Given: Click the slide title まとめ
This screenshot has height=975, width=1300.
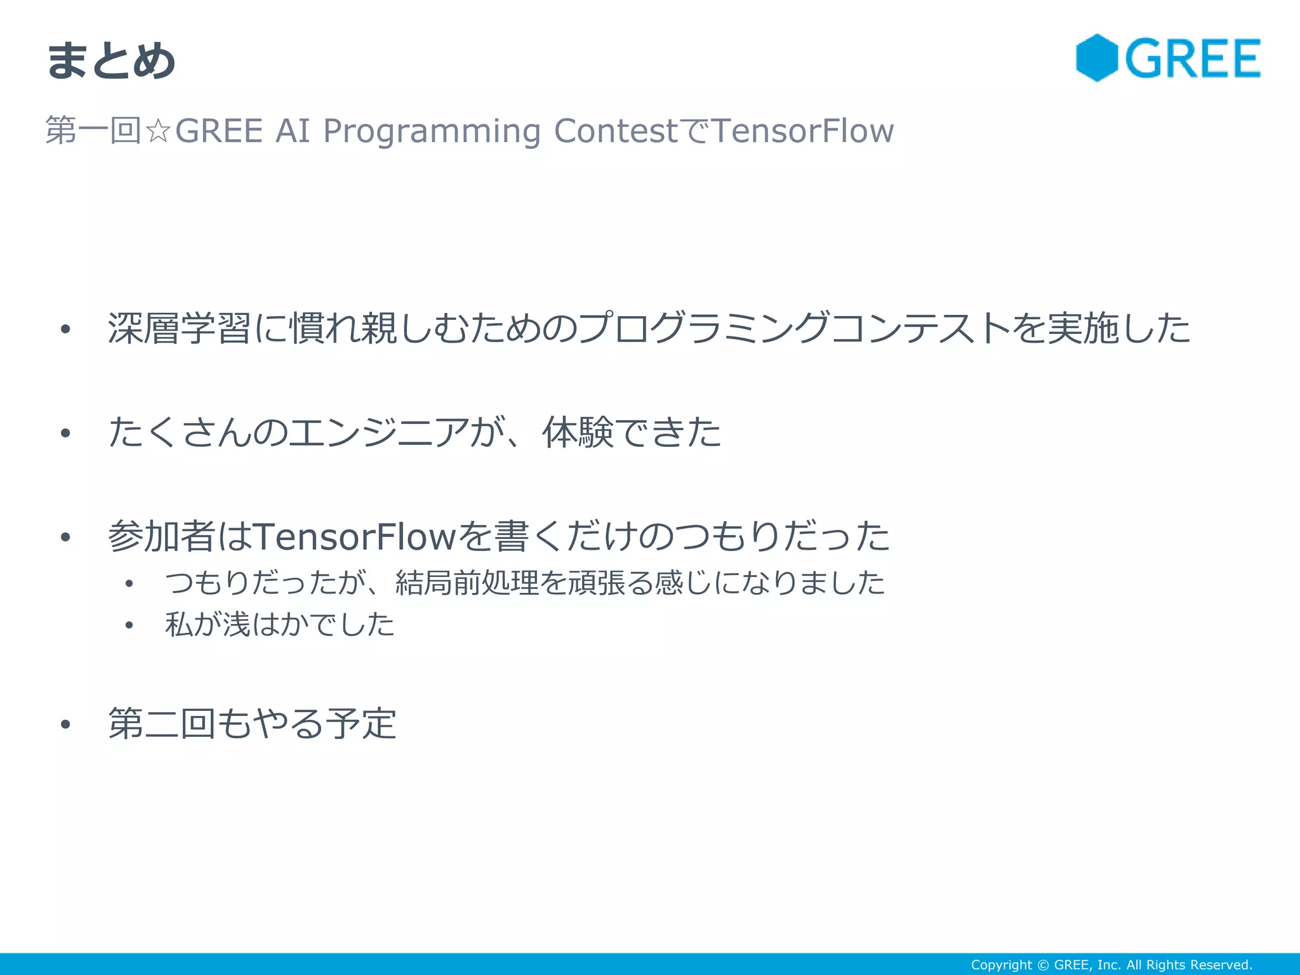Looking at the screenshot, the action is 111,61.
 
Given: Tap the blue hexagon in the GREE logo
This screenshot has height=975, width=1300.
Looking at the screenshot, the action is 1097,58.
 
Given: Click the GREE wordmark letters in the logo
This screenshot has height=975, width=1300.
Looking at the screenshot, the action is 1193,58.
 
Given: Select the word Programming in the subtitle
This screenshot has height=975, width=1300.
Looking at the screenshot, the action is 432,131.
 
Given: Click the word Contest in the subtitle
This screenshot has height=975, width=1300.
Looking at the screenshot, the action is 616,131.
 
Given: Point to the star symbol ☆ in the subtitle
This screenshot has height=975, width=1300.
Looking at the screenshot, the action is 158,131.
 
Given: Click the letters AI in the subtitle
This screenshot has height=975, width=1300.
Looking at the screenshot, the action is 293,131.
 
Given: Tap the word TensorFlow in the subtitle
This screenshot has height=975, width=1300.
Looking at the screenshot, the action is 803,131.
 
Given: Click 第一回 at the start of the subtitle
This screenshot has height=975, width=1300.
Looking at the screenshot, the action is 93,131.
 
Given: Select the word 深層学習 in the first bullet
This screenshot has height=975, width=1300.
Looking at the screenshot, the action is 180,328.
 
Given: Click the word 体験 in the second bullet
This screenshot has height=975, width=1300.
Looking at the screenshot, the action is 578,433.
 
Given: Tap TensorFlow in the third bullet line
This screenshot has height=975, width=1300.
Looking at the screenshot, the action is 355,536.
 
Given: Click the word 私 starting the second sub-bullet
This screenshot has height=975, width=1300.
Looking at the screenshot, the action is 178,625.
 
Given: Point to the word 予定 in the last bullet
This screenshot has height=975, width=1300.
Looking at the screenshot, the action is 361,724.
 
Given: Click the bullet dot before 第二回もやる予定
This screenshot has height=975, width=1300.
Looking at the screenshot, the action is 65,724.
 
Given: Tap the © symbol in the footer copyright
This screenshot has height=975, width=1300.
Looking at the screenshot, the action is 1043,965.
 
